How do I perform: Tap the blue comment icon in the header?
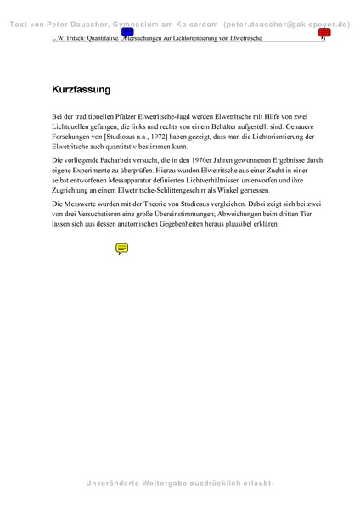127,33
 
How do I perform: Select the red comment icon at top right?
324,33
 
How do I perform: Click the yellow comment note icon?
121,249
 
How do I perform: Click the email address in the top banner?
286,25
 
